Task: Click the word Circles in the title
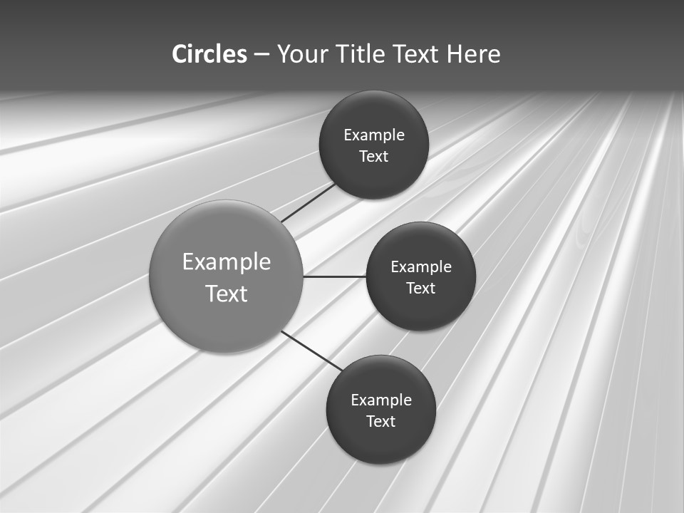[209, 54]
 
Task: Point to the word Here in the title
[474, 54]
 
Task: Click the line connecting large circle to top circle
[308, 202]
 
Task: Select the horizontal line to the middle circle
[335, 276]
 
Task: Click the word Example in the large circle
[227, 262]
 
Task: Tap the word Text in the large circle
[227, 294]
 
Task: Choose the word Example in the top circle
[374, 135]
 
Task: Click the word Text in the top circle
[374, 157]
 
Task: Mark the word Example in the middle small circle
[421, 267]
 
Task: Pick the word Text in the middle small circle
[421, 289]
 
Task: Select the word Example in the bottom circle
[381, 400]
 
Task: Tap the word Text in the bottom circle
[381, 422]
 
